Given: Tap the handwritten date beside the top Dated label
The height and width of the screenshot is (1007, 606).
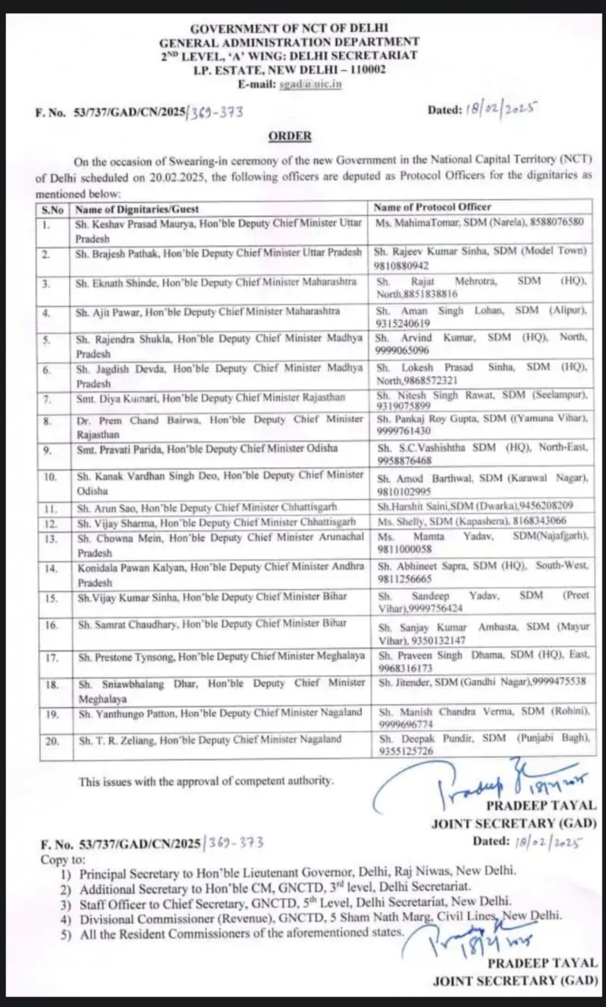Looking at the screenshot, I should (x=504, y=109).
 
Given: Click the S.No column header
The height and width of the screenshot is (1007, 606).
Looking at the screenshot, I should (x=52, y=208).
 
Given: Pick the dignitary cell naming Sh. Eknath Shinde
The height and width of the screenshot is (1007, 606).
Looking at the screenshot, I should (x=217, y=282).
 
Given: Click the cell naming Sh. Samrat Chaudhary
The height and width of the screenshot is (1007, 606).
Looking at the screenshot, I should (x=212, y=624).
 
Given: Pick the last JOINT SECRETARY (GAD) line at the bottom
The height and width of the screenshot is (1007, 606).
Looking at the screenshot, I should (x=515, y=981).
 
